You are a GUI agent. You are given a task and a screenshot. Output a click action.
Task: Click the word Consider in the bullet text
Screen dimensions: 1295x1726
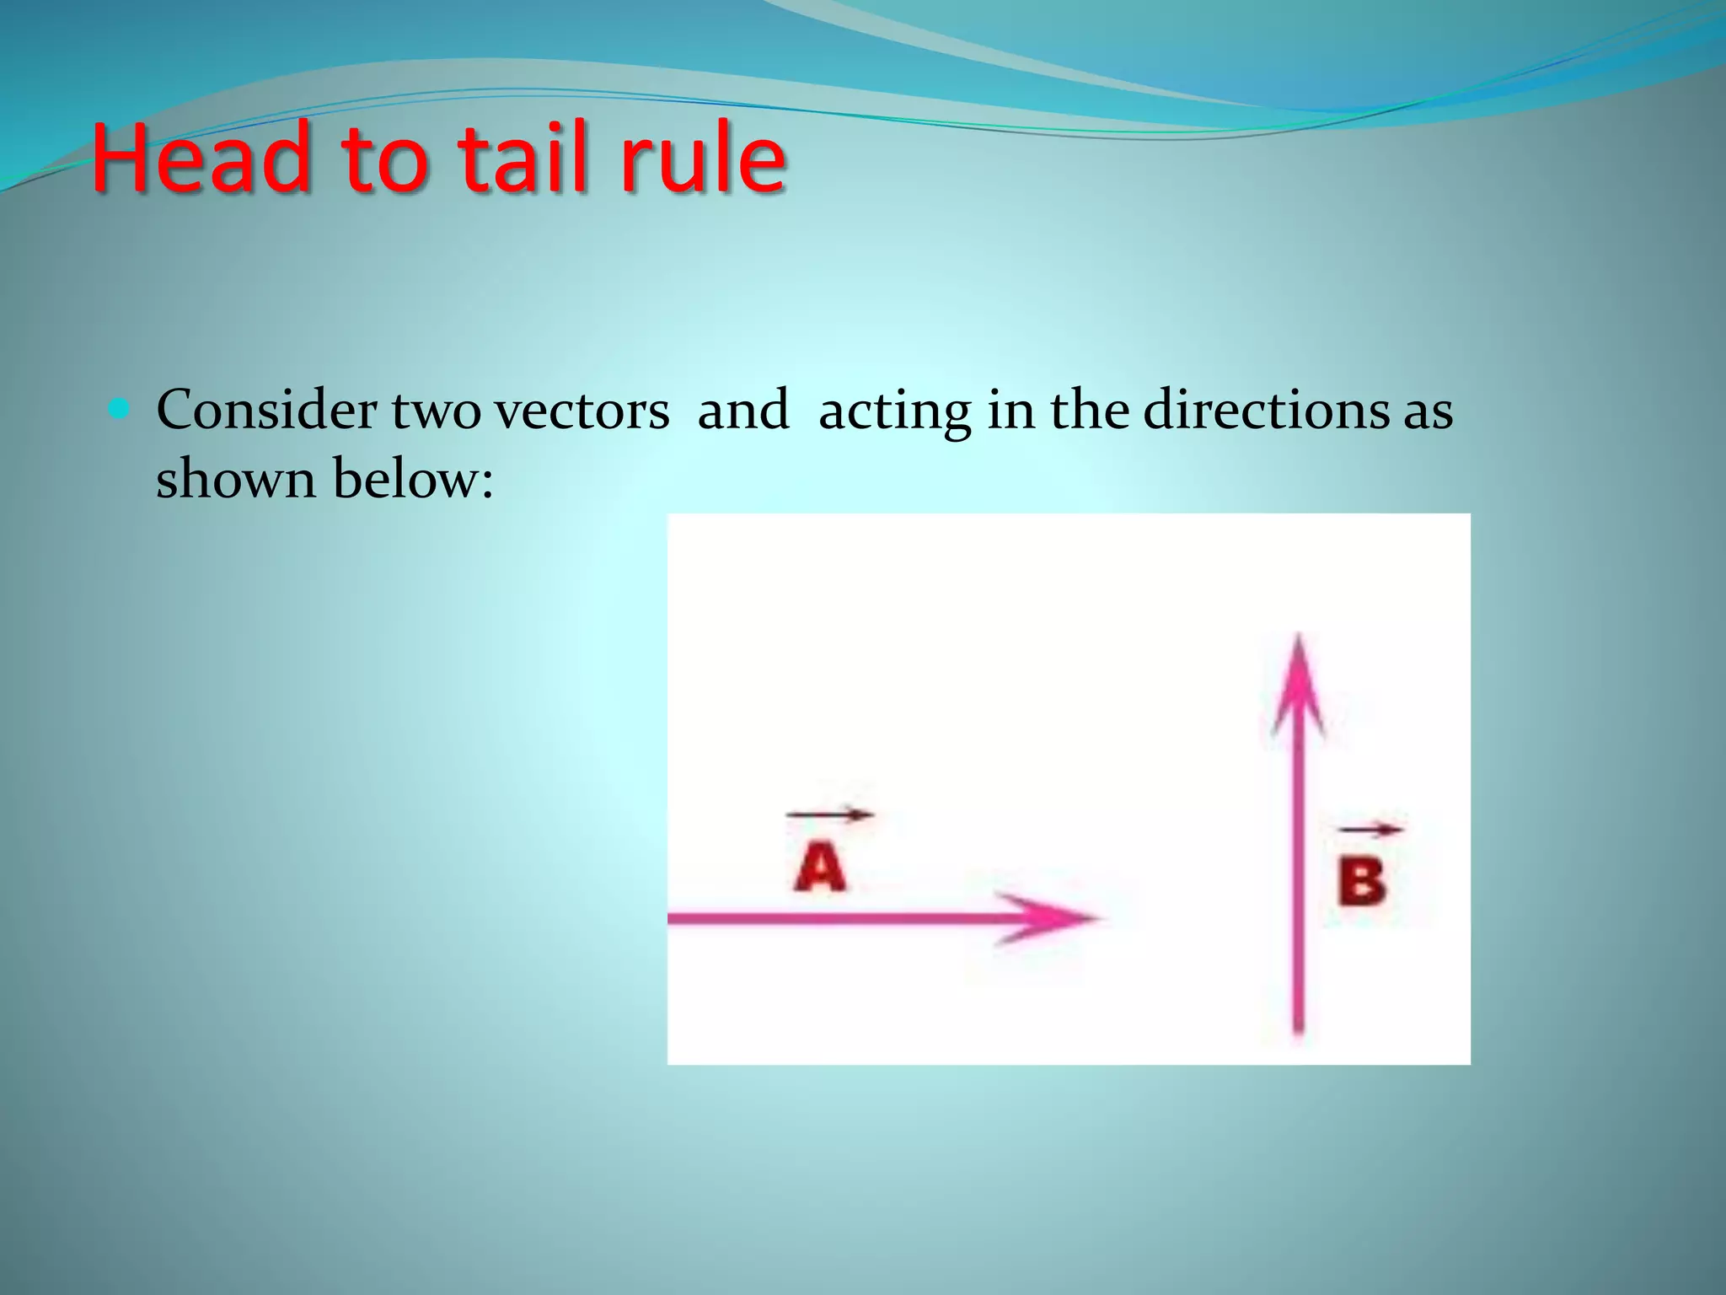(x=266, y=411)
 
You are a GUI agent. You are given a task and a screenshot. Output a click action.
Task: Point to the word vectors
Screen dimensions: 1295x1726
(x=582, y=411)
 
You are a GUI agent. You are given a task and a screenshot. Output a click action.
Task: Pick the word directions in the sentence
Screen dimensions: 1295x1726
(x=1264, y=411)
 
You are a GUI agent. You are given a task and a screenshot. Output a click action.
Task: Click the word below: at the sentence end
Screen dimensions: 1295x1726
(x=413, y=479)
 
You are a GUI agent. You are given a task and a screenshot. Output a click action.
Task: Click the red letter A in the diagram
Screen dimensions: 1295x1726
(x=819, y=868)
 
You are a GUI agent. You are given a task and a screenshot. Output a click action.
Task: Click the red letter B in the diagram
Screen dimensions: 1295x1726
(x=1362, y=882)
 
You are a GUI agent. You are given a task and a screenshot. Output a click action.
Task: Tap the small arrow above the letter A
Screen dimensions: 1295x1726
(x=830, y=814)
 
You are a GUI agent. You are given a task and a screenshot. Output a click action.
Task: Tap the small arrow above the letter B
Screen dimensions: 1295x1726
(x=1370, y=830)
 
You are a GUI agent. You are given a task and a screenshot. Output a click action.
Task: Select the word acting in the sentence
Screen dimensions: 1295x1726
(x=894, y=411)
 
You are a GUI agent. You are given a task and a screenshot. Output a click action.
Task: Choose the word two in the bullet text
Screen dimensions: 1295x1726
(x=435, y=411)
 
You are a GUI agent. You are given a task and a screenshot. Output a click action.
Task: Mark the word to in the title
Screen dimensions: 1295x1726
(x=384, y=158)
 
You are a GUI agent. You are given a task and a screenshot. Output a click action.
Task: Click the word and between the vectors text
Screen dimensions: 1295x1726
(x=743, y=411)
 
